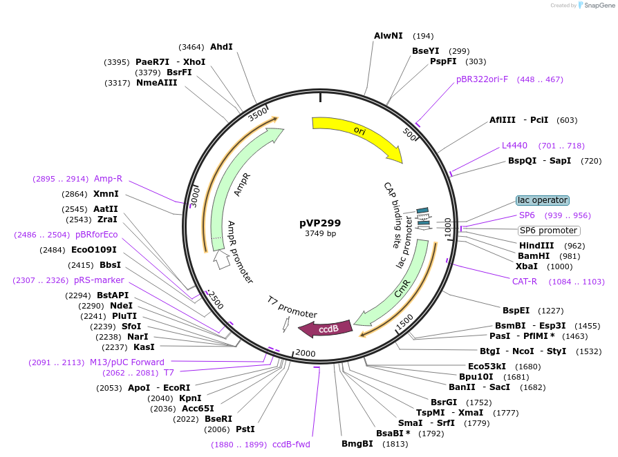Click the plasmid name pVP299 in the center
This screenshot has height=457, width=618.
[x=320, y=223]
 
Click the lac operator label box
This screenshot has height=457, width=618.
[x=543, y=200]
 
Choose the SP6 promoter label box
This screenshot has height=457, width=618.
[x=549, y=231]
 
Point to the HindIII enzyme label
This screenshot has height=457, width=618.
[x=536, y=246]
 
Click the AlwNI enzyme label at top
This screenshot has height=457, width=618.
[x=388, y=35]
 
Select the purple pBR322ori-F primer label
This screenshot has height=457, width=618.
[x=482, y=79]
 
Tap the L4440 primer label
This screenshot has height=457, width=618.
[x=514, y=146]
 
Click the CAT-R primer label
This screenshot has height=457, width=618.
[x=525, y=282]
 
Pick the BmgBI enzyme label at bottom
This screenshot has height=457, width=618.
[x=357, y=443]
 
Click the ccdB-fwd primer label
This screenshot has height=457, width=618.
[x=291, y=445]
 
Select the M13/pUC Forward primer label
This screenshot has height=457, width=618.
[x=127, y=362]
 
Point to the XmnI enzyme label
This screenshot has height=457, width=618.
[x=106, y=194]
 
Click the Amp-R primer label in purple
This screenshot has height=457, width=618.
[x=108, y=179]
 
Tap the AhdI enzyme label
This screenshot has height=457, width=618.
[x=221, y=47]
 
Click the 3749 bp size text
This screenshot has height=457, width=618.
[x=320, y=234]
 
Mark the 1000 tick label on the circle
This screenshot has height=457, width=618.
[x=447, y=227]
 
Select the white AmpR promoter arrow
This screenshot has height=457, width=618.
[x=221, y=260]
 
